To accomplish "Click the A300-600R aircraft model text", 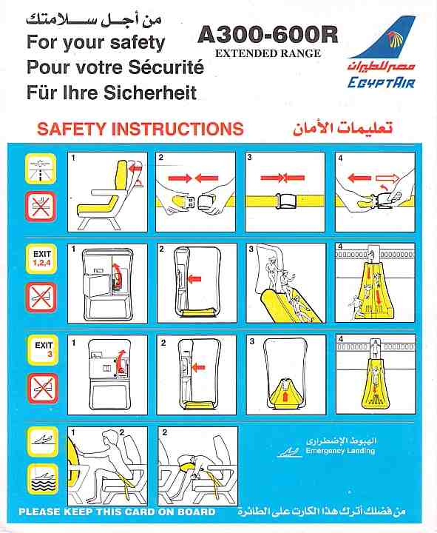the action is click(x=268, y=35).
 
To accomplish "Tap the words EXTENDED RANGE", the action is click(x=268, y=53).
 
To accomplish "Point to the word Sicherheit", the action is click(x=150, y=93).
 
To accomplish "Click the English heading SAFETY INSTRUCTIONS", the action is click(x=140, y=129).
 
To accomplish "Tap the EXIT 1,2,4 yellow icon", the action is click(x=41, y=258).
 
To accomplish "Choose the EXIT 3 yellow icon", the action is click(x=43, y=349).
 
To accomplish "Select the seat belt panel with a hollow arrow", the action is click(x=375, y=192).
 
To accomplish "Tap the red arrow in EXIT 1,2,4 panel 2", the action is click(x=194, y=279).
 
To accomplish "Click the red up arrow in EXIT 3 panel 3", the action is click(x=285, y=396).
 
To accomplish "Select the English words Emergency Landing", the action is click(x=340, y=451).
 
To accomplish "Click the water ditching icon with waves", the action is click(x=43, y=479).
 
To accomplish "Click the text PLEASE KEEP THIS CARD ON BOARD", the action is click(x=117, y=512).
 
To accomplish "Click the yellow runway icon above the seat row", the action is click(x=41, y=169).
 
